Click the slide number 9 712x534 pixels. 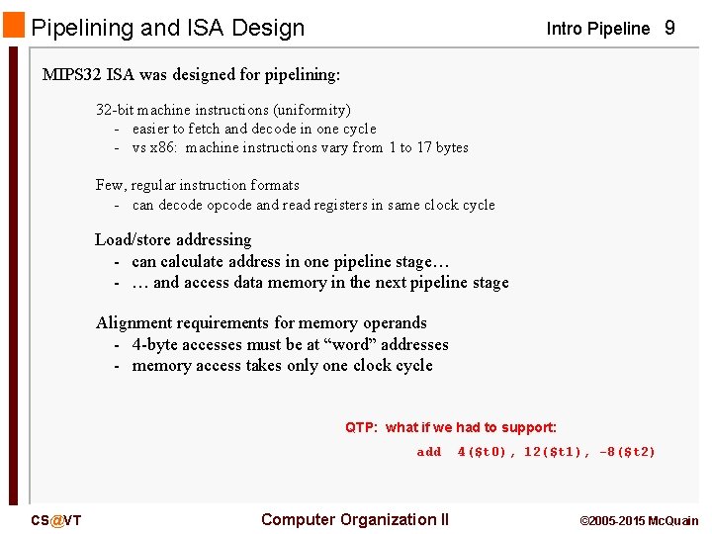(669, 28)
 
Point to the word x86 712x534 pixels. (161, 147)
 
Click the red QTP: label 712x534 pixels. (362, 427)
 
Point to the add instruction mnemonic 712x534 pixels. (429, 452)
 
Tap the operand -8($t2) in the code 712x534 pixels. (627, 452)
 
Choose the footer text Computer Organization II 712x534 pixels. (355, 520)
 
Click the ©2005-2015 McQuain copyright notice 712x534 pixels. (639, 521)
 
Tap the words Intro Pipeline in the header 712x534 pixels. (598, 29)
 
